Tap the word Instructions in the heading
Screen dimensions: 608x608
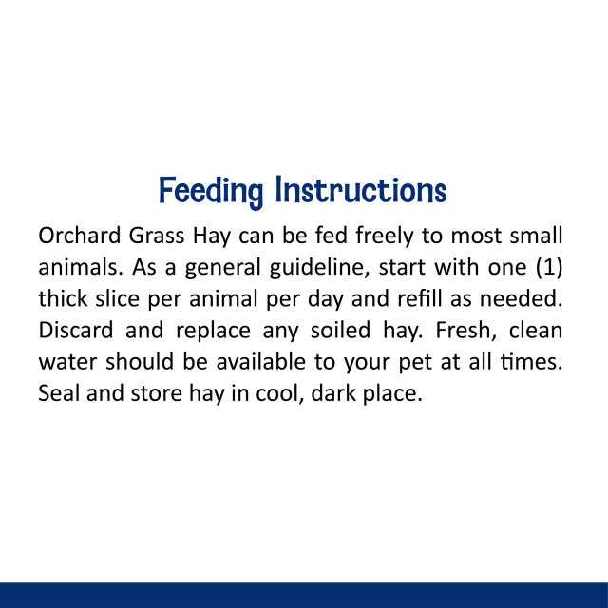click(360, 191)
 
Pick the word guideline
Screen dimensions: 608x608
click(312, 267)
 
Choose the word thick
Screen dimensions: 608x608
click(62, 298)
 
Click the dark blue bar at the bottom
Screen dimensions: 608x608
click(304, 595)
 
